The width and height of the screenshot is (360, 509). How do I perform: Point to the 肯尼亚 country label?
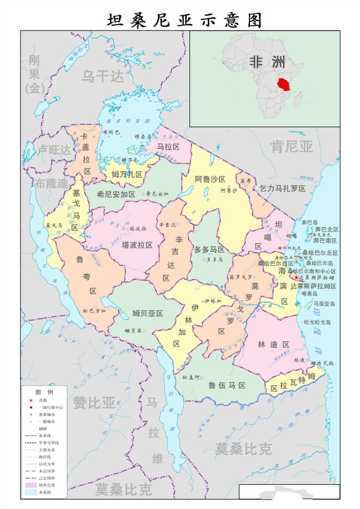point(291,147)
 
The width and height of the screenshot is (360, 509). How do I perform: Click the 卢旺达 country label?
point(54,150)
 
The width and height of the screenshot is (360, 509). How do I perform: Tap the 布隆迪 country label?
point(50,183)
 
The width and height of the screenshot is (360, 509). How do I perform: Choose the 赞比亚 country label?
point(94,402)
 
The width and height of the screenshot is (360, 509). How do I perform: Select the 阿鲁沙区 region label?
point(210,180)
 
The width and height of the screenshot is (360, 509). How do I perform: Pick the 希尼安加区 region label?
point(116,194)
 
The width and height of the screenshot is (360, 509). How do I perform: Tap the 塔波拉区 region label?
point(138,245)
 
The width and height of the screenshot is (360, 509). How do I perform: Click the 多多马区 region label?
point(209,249)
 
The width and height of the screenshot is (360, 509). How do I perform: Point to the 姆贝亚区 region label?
point(147,313)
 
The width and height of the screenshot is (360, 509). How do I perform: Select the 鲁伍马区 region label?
point(227,385)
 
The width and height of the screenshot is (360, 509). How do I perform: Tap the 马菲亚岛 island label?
point(324,303)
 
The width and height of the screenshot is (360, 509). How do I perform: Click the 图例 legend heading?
point(44,391)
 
